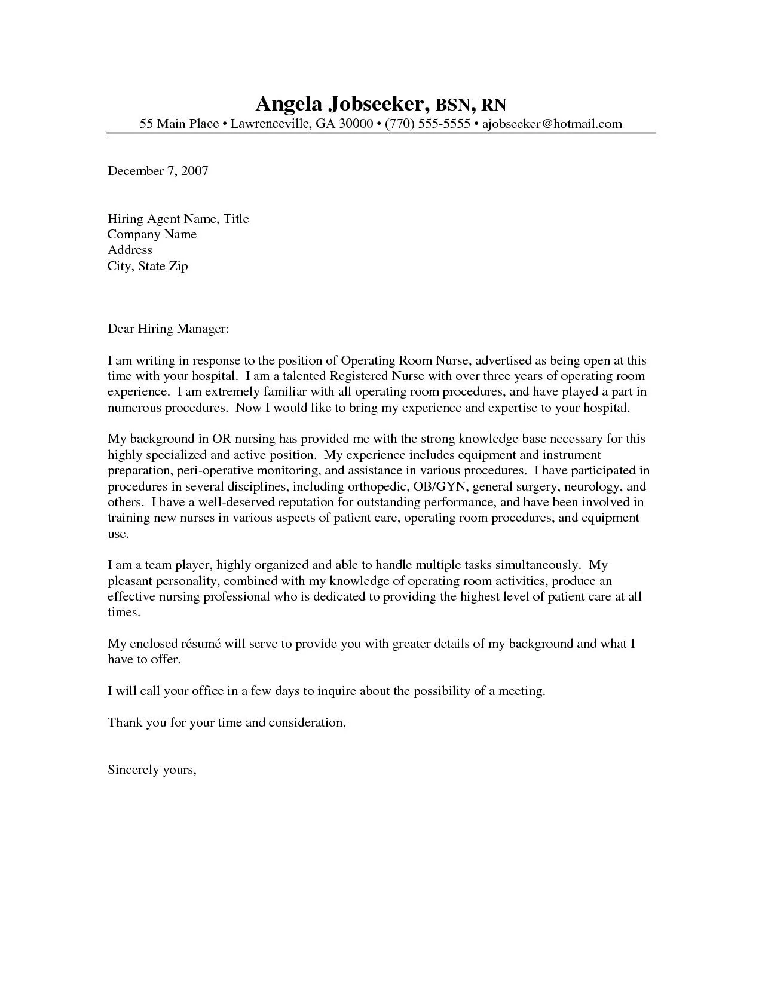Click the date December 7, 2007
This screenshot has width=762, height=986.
(158, 171)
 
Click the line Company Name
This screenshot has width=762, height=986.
(152, 234)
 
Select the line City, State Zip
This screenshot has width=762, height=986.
(148, 266)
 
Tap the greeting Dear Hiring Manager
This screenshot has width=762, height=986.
(168, 329)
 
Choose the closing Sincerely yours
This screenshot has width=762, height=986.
(152, 770)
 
